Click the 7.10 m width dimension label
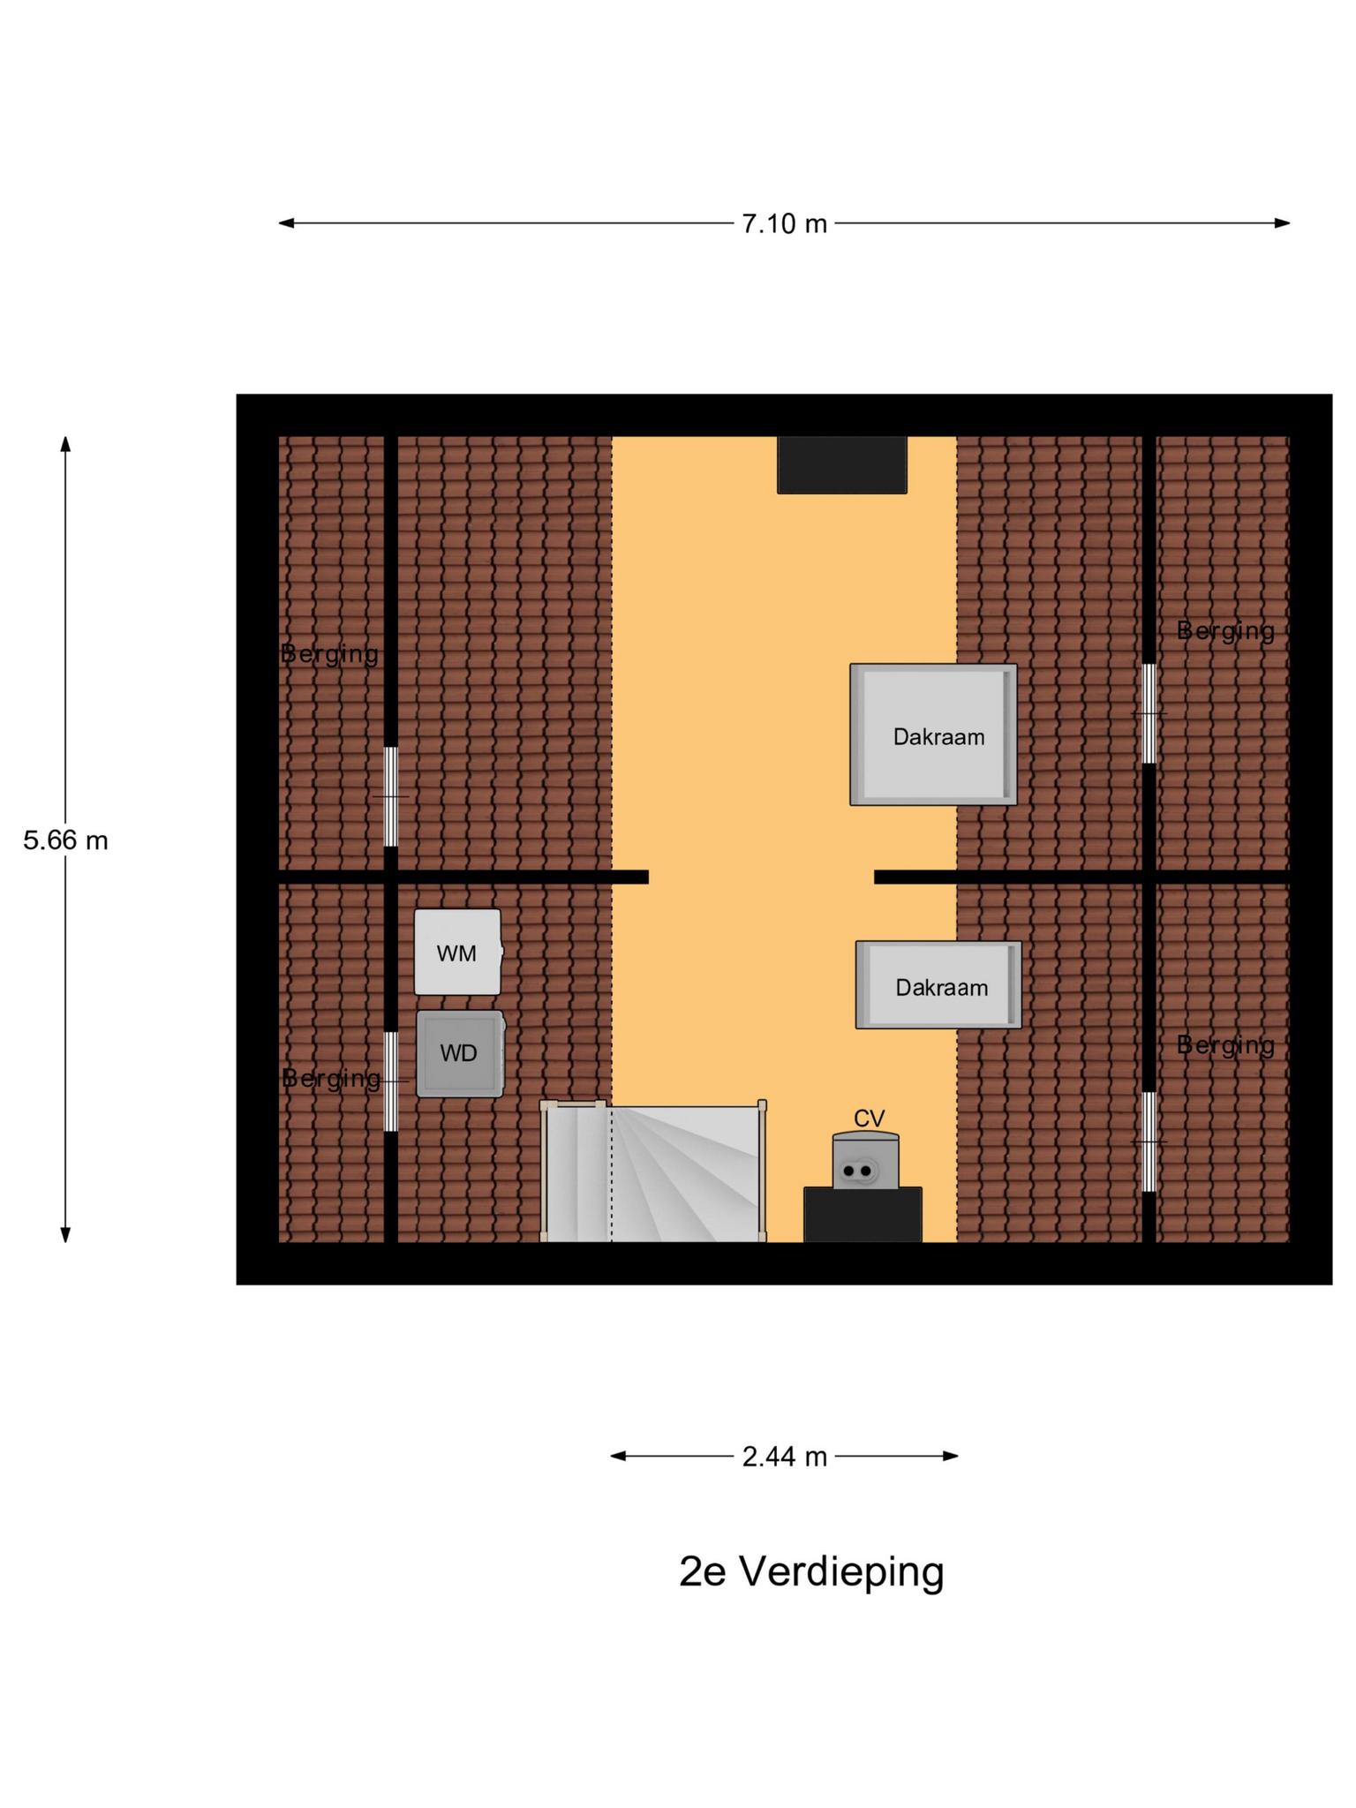point(784,224)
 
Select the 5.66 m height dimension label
point(65,840)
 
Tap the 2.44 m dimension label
point(784,1457)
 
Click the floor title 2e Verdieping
point(810,1571)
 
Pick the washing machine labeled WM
point(457,953)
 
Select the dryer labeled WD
point(459,1053)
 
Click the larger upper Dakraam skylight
point(933,734)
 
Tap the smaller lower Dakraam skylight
point(938,985)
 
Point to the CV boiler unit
point(865,1161)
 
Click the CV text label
point(869,1119)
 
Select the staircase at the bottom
point(653,1172)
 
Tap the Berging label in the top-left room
point(329,654)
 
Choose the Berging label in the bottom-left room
point(331,1078)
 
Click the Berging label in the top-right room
point(1225,630)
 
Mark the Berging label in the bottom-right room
point(1225,1045)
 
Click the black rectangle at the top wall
point(841,464)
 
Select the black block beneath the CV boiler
point(863,1215)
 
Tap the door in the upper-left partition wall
point(391,796)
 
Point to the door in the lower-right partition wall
point(1149,1141)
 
